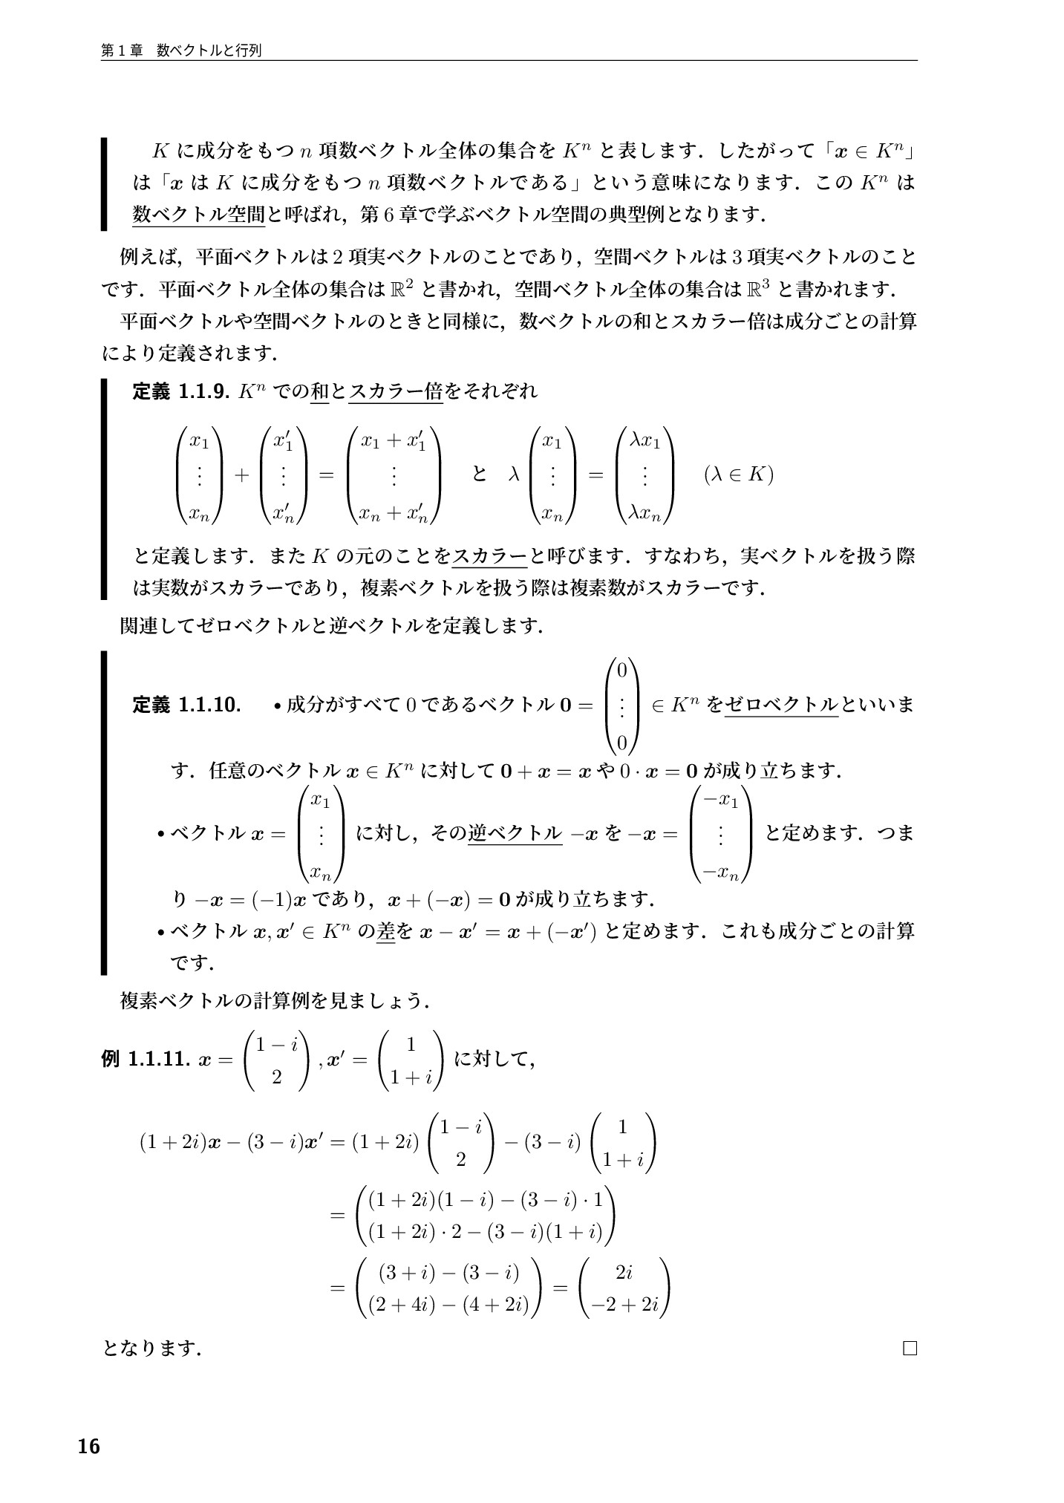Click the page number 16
[x=88, y=1446]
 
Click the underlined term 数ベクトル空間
[x=198, y=215]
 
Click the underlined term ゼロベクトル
[x=780, y=704]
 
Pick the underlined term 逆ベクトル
[x=515, y=833]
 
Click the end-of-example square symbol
[x=910, y=1348]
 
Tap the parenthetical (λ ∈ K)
[x=738, y=474]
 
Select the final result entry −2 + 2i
[x=624, y=1305]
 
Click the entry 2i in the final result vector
[x=624, y=1273]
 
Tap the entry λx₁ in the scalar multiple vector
[x=644, y=441]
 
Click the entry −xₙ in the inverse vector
[x=720, y=873]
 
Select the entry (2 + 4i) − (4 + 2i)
[x=448, y=1305]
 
